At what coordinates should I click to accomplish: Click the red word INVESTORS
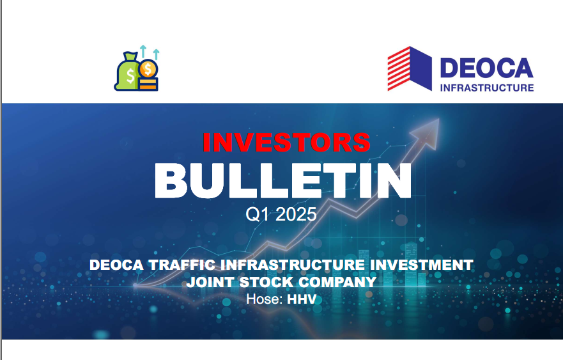(286, 143)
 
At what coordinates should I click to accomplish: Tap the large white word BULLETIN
(283, 181)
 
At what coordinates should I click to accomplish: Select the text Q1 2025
(281, 214)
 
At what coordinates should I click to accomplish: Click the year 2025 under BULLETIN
(297, 214)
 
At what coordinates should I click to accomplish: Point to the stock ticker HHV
(302, 299)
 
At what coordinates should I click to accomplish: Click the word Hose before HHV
(264, 299)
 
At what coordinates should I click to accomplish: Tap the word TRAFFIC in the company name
(182, 265)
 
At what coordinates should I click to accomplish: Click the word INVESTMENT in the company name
(422, 265)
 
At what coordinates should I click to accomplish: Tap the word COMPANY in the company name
(337, 282)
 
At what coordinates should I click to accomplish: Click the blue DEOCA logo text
(486, 68)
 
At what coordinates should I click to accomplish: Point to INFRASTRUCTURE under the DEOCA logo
(487, 88)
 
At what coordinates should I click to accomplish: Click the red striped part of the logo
(399, 68)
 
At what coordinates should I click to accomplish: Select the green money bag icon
(126, 72)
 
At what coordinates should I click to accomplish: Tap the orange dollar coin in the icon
(148, 68)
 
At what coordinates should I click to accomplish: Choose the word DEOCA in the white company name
(116, 265)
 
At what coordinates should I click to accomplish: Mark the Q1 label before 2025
(258, 215)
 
